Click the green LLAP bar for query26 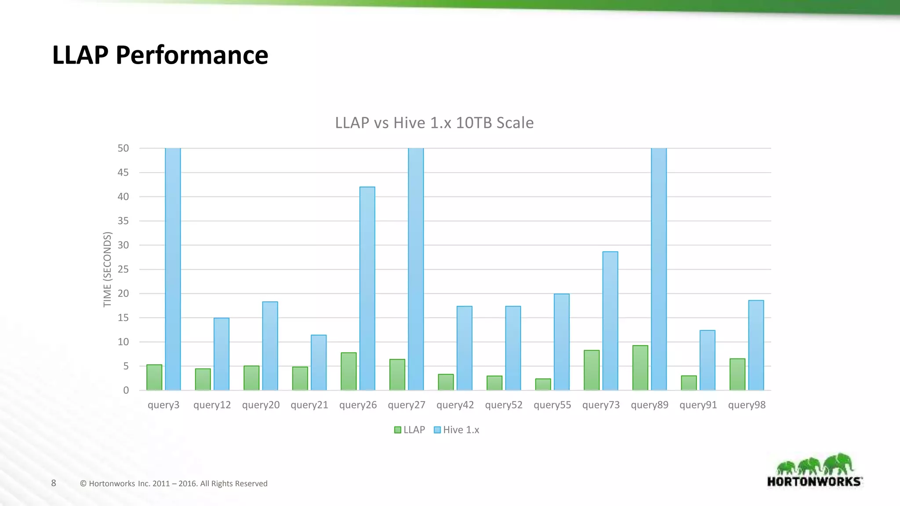(x=348, y=372)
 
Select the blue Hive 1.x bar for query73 (x=610, y=321)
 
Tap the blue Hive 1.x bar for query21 (x=319, y=363)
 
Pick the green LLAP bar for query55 (x=543, y=384)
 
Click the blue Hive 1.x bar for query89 (x=659, y=269)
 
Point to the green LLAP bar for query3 (x=154, y=377)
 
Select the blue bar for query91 (x=707, y=360)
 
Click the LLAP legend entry (x=410, y=430)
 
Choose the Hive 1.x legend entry (x=457, y=430)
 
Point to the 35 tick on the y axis (x=123, y=221)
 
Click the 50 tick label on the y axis (x=123, y=148)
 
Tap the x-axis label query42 (x=455, y=405)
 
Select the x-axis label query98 (x=747, y=405)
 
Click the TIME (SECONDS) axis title (x=107, y=269)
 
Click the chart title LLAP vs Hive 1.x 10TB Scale (x=434, y=123)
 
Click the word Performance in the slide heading (x=192, y=55)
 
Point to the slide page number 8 (x=54, y=483)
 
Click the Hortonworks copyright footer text (x=174, y=484)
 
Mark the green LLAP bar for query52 (x=494, y=383)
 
